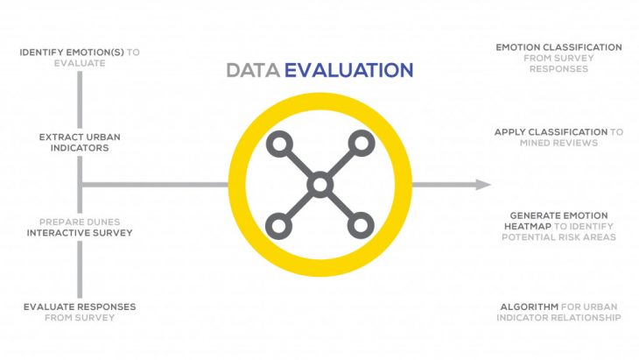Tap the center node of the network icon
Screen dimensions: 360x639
(x=319, y=185)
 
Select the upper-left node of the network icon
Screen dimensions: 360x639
(x=278, y=144)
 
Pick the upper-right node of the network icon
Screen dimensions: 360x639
(x=360, y=144)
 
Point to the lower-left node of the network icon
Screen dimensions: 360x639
(x=278, y=226)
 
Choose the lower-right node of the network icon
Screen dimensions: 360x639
(x=360, y=226)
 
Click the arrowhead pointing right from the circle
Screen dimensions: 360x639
(x=483, y=185)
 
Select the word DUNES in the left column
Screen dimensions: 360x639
(x=102, y=222)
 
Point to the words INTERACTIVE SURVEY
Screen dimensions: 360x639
(x=80, y=233)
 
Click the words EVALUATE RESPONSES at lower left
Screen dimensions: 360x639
(x=80, y=307)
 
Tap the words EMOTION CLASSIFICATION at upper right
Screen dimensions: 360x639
(x=558, y=47)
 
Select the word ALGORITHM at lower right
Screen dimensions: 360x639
(x=528, y=307)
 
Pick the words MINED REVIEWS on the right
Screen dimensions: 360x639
(x=558, y=142)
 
